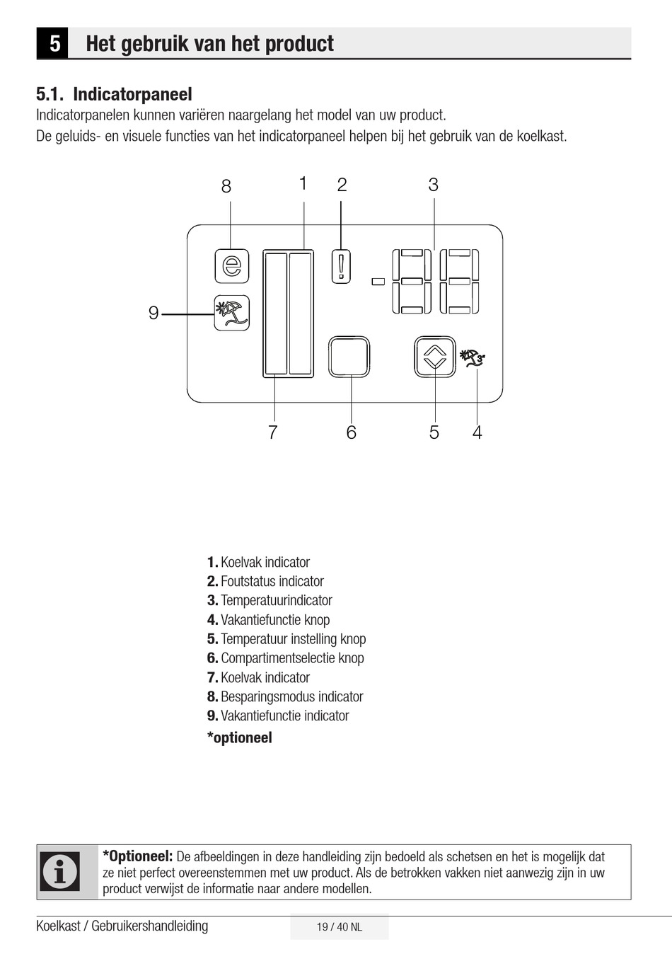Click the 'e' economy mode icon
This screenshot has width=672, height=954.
pyautogui.click(x=232, y=266)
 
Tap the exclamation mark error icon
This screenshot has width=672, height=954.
pyautogui.click(x=341, y=266)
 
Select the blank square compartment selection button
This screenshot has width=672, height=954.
pyautogui.click(x=349, y=357)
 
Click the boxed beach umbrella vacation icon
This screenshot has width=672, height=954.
pyautogui.click(x=232, y=313)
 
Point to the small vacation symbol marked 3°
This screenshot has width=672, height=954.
pyautogui.click(x=472, y=357)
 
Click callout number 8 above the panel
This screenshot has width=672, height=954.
pyautogui.click(x=226, y=186)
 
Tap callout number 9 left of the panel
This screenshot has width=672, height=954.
pyautogui.click(x=153, y=313)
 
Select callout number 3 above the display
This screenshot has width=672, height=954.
pyautogui.click(x=434, y=185)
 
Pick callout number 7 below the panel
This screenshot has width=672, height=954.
pyautogui.click(x=272, y=432)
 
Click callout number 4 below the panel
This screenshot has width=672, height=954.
pyautogui.click(x=477, y=432)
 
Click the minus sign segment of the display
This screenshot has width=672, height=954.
pyautogui.click(x=378, y=282)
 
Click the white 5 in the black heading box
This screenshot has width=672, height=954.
pyautogui.click(x=54, y=44)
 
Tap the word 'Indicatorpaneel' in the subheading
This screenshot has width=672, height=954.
pyautogui.click(x=132, y=94)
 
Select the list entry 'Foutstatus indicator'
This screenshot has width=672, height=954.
pyautogui.click(x=272, y=581)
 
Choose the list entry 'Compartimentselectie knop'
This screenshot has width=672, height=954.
pyautogui.click(x=292, y=658)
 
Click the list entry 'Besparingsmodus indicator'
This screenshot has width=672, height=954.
pyautogui.click(x=291, y=696)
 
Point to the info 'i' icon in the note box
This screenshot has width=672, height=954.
pyautogui.click(x=60, y=871)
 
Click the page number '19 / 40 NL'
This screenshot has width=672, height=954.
pyautogui.click(x=340, y=927)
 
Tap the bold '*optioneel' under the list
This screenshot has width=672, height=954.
pyautogui.click(x=240, y=737)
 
